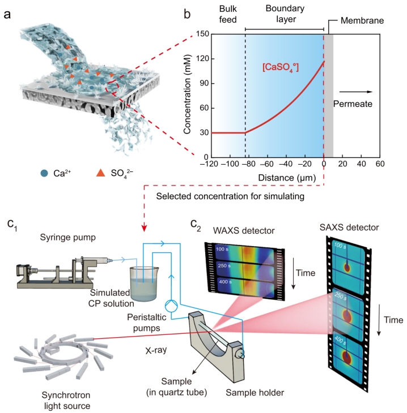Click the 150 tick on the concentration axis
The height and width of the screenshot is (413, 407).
pos(202,34)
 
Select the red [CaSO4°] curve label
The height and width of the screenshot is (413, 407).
pos(281,67)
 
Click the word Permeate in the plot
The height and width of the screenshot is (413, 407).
pos(353,104)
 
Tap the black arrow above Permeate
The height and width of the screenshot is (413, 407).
pos(356,92)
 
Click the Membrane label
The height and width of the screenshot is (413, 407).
pos(362,20)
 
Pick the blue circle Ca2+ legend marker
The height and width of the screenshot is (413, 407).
pos(44,173)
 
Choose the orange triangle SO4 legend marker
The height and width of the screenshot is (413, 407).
pos(100,173)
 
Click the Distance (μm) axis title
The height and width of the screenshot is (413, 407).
pos(287,178)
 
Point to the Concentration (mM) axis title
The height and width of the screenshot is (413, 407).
pos(187,94)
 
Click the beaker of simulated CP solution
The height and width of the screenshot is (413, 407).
pos(143,284)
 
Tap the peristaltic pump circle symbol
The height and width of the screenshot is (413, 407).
pos(171,306)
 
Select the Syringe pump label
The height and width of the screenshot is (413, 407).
pos(68,237)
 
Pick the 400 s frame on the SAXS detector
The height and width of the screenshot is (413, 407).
pos(348,358)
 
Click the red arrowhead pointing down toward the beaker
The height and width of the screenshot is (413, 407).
pos(144,228)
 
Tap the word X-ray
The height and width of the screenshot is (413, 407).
pos(156,350)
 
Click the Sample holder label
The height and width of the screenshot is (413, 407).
pos(255,393)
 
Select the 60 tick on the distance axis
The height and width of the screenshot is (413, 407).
pos(380,164)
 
